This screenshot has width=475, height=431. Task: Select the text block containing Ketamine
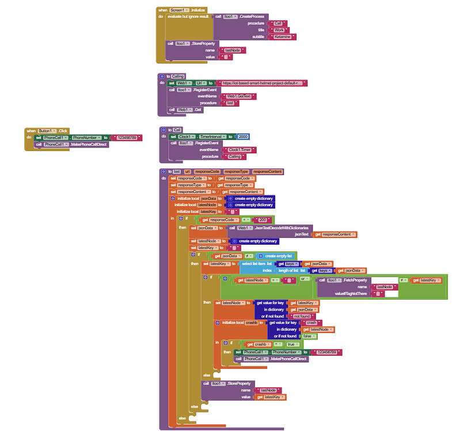click(282, 37)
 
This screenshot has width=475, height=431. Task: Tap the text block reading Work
click(279, 30)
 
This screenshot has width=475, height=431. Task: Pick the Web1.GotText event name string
click(238, 96)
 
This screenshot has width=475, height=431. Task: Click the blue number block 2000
click(243, 137)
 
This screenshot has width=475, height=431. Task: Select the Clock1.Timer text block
click(242, 150)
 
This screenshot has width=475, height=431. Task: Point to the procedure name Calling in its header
click(177, 76)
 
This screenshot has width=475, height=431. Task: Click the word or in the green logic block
click(302, 280)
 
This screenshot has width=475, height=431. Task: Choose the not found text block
click(302, 316)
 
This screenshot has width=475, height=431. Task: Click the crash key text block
click(310, 323)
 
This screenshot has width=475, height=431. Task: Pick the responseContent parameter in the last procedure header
click(268, 171)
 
